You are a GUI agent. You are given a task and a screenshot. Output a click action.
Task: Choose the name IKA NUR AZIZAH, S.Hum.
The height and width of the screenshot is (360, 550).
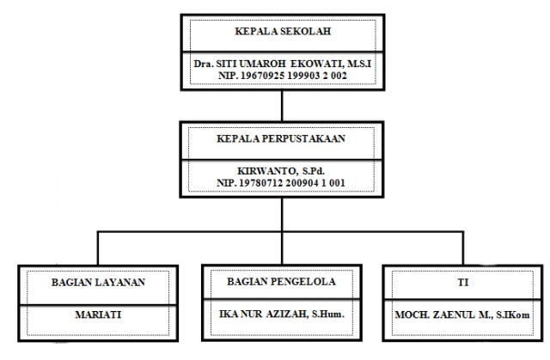(x=281, y=314)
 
